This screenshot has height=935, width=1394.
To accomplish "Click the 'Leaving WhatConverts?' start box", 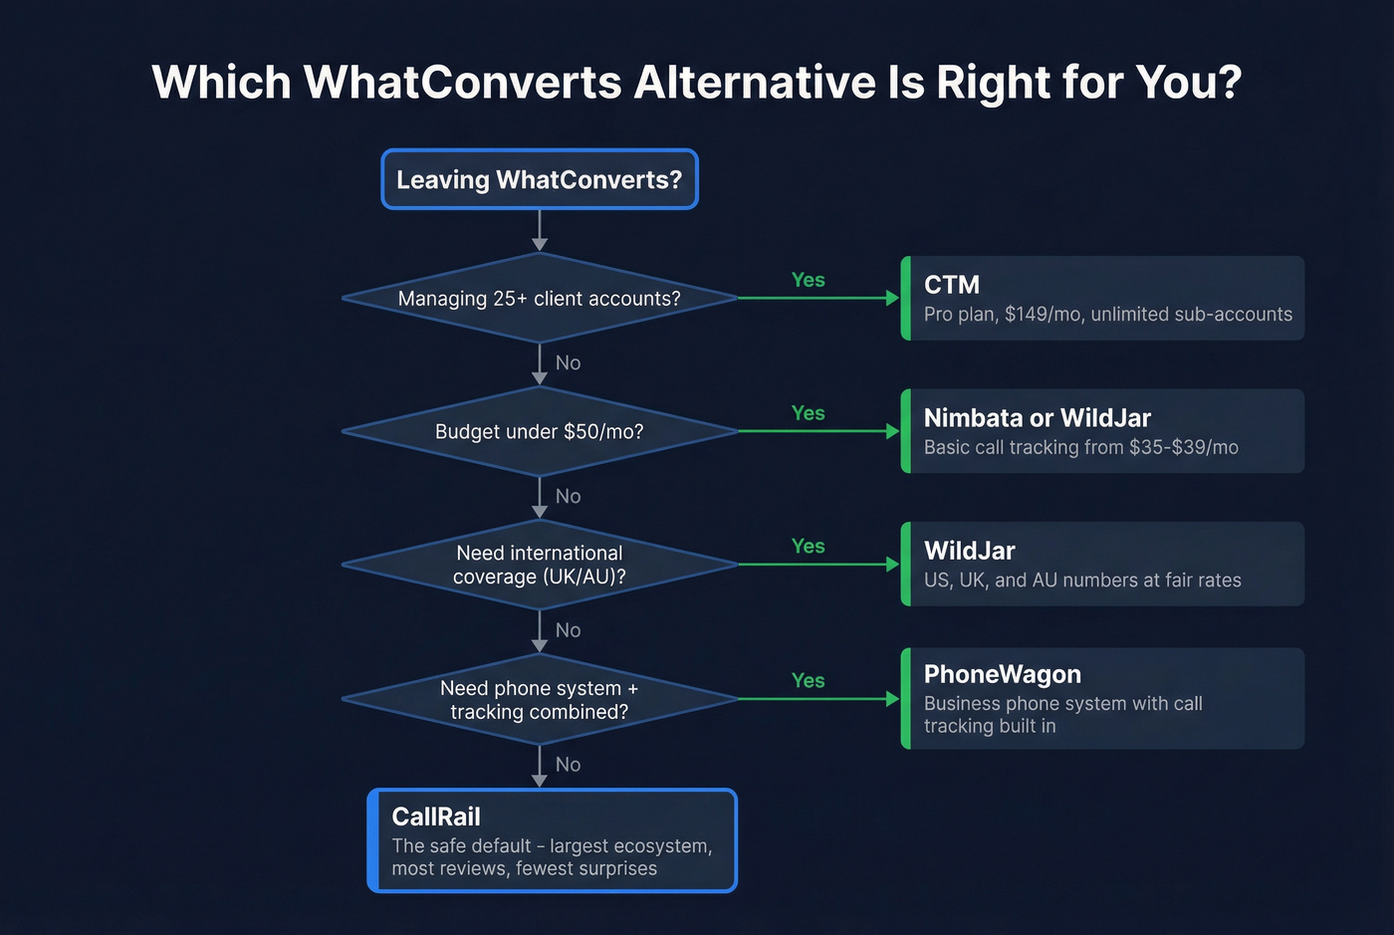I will click(539, 180).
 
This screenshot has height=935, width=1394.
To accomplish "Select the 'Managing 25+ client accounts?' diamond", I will click(539, 299).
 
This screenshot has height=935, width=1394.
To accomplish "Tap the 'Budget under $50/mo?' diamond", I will click(539, 432).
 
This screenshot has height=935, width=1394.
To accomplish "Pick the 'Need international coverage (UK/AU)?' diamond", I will click(539, 565).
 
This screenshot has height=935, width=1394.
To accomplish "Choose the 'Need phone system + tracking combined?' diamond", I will click(539, 700).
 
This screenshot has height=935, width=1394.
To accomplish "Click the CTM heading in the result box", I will click(952, 285).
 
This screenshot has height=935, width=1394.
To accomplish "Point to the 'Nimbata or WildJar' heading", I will click(1037, 418).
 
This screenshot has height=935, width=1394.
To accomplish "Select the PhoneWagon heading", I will click(1002, 674).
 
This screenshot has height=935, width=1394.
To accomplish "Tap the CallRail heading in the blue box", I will click(436, 817).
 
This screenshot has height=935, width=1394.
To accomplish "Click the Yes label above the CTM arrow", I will click(808, 281).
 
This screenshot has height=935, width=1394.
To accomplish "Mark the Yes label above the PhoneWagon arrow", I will click(808, 681).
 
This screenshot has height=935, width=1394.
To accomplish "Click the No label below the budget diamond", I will click(568, 497).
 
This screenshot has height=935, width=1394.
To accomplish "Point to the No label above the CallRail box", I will click(568, 765).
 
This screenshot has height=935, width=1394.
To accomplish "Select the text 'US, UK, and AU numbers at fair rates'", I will click(1082, 581).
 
